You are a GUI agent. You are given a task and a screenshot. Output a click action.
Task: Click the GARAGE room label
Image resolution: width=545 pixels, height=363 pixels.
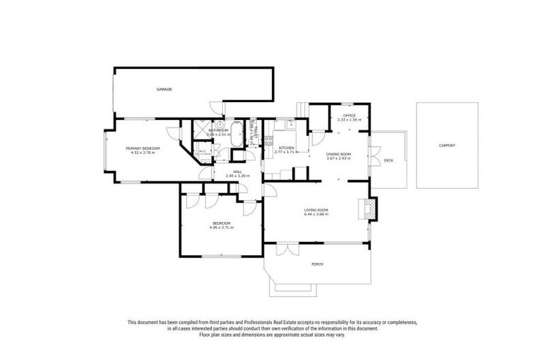point(165,89)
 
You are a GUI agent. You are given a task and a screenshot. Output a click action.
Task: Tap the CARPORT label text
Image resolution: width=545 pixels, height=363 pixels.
point(446,145)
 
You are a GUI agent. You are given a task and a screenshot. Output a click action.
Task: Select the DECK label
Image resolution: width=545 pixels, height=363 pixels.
point(388,160)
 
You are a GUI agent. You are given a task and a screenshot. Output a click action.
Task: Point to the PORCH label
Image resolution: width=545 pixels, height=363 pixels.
point(317,264)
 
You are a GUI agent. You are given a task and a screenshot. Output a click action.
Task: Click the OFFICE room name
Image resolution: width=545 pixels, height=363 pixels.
point(348,116)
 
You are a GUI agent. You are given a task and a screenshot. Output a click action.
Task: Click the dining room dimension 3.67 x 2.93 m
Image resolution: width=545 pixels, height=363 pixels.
point(338,158)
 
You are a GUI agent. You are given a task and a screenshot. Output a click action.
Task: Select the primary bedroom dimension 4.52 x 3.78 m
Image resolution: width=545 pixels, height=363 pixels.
point(143,152)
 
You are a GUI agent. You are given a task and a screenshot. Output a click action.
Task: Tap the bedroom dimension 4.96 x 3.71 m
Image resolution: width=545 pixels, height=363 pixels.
point(220,228)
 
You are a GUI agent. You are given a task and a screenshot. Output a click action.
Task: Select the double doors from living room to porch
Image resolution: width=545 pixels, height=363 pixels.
point(287,249)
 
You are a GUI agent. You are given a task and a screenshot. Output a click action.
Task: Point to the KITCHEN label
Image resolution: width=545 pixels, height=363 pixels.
point(286,148)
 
